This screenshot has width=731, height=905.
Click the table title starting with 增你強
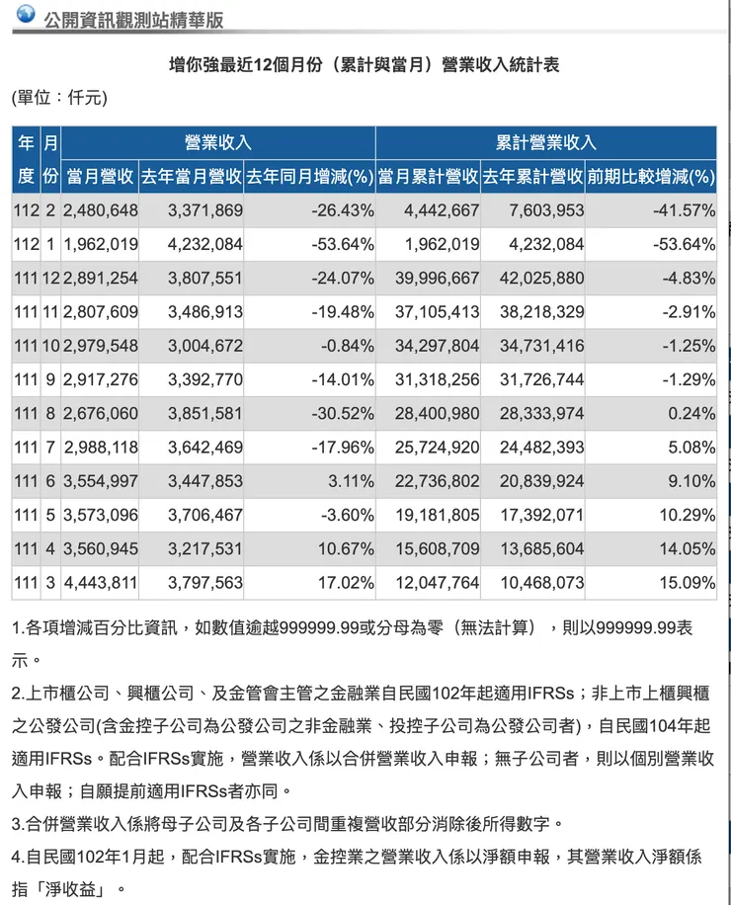coord(365,65)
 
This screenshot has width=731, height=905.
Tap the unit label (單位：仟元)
coord(58,98)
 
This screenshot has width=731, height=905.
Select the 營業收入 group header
coord(217,143)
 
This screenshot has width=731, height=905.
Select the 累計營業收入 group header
coord(546,143)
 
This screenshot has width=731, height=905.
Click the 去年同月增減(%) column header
coord(309,177)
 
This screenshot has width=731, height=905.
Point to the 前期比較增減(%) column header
coord(650,177)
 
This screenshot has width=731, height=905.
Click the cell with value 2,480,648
coord(101,210)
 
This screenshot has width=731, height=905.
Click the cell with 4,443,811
coord(101,583)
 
